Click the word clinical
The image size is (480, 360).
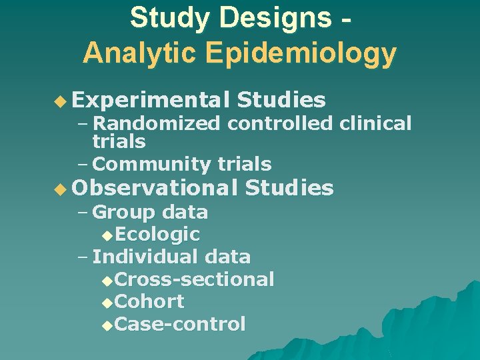click(375, 123)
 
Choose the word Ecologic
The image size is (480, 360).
click(157, 235)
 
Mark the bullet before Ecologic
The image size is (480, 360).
click(109, 235)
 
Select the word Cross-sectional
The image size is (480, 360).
click(194, 279)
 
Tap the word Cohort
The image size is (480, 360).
click(149, 302)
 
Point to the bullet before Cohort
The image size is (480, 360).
click(109, 303)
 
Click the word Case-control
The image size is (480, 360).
click(180, 325)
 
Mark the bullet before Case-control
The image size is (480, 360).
click(109, 325)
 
